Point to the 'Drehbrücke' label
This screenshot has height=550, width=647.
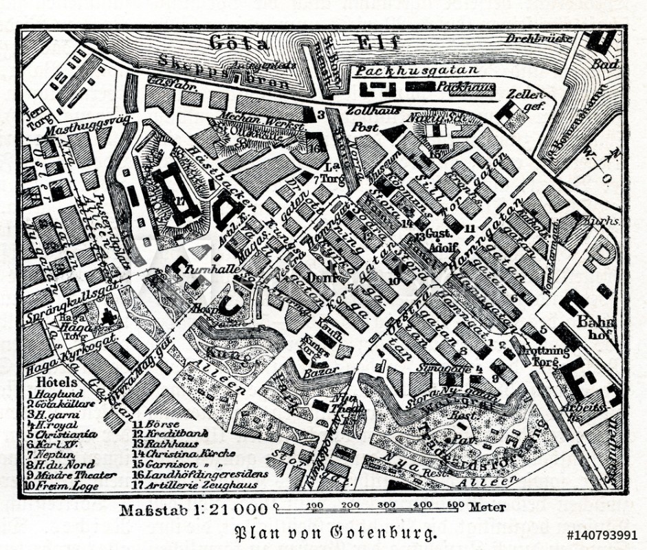pyautogui.click(x=539, y=38)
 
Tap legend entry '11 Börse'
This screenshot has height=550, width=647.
pyautogui.click(x=151, y=426)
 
